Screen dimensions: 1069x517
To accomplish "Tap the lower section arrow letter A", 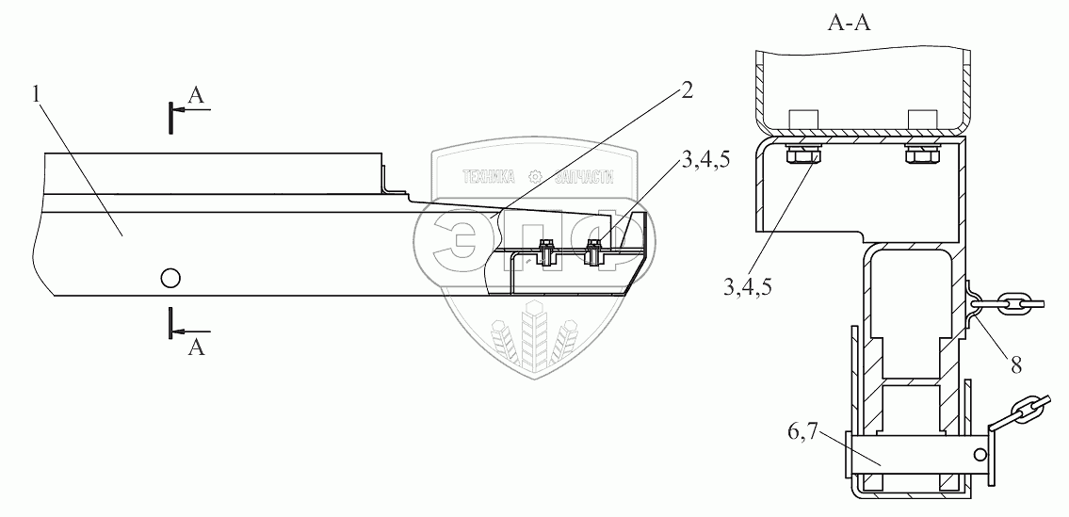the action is tap(196, 347).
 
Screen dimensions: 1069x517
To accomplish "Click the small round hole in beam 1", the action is tap(170, 277).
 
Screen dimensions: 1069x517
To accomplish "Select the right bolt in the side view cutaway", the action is tap(594, 251).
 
